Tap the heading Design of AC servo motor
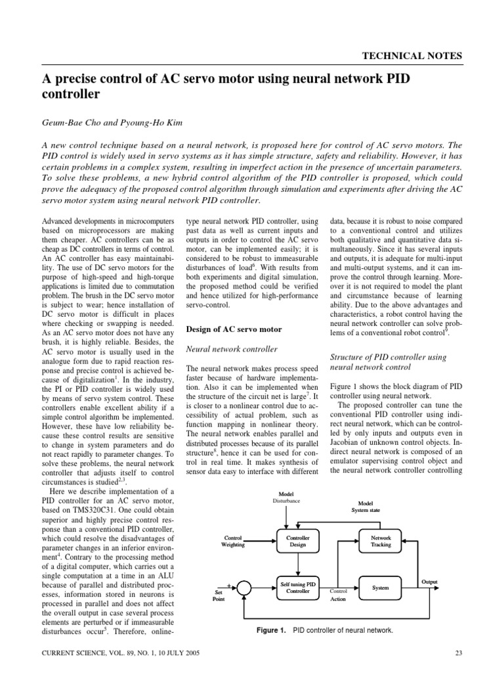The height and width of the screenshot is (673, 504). click(x=234, y=329)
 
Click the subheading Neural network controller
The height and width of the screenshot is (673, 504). click(x=232, y=349)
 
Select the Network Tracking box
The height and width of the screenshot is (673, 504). click(x=381, y=541)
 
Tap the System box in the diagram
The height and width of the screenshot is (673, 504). click(x=381, y=587)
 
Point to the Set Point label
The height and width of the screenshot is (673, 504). click(x=219, y=595)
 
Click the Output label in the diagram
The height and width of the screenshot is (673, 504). click(x=429, y=581)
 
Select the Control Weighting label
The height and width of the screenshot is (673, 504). click(x=234, y=541)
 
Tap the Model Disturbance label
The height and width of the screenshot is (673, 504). click(x=285, y=497)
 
